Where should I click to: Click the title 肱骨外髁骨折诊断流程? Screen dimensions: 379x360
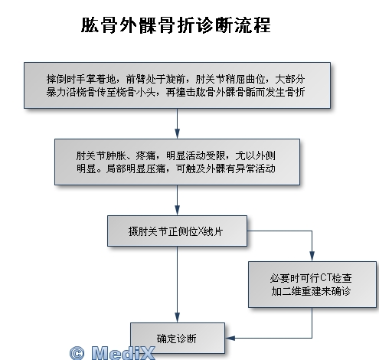pos(176,25)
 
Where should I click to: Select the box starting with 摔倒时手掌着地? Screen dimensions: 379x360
pos(177,85)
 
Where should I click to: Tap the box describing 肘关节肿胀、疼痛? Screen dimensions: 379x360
pos(177,162)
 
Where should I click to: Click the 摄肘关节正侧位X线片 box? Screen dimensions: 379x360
pos(177,231)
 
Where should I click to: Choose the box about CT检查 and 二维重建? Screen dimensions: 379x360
pos(312,284)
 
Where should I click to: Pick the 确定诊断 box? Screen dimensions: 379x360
pos(178,338)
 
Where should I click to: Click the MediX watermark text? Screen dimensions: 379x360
pos(123,353)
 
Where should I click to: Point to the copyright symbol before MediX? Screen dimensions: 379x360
pos(77,353)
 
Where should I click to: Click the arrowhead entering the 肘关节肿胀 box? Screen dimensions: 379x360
pos(177,134)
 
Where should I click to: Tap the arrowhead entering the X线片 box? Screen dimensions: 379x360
pos(177,211)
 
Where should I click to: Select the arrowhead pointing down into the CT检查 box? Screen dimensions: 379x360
pos(312,256)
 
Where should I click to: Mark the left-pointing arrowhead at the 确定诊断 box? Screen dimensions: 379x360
pos(230,338)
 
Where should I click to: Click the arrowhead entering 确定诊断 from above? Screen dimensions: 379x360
pos(177,318)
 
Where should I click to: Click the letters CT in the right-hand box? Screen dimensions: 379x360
pos(326,277)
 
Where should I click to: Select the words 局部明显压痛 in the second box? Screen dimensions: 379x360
pos(136,169)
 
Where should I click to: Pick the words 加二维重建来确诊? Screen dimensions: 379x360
pos(311,291)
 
